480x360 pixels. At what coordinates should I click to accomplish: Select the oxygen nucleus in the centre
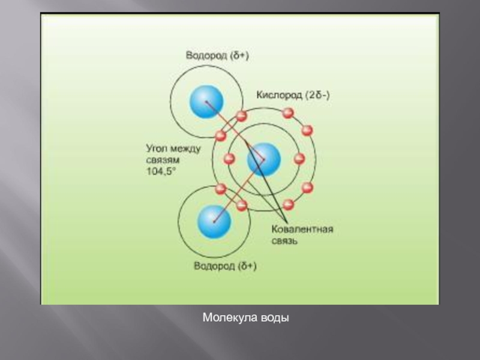pyautogui.click(x=264, y=160)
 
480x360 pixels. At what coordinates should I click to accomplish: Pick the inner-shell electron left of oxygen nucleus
pyautogui.click(x=229, y=159)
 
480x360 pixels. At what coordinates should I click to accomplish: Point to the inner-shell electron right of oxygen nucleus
pyautogui.click(x=299, y=160)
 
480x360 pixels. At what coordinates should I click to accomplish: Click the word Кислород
pyautogui.click(x=279, y=95)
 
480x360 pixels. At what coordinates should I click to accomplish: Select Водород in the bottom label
pyautogui.click(x=213, y=266)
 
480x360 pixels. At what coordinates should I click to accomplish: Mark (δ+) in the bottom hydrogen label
pyautogui.click(x=245, y=266)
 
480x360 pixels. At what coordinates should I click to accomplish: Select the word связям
pyautogui.click(x=163, y=159)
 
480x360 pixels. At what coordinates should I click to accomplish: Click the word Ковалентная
pyautogui.click(x=302, y=230)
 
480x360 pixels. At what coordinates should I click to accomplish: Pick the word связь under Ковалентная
pyautogui.click(x=285, y=241)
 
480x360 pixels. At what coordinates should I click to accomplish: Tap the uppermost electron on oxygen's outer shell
pyautogui.click(x=288, y=113)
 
